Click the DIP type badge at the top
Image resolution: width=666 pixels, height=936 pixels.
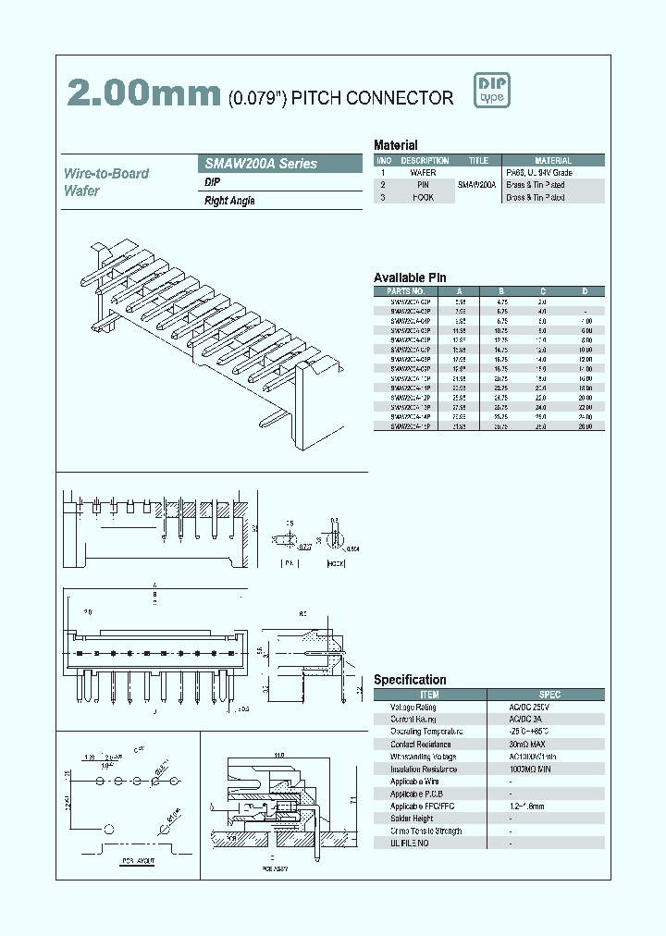point(492,90)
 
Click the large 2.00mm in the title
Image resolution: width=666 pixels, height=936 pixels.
point(142,94)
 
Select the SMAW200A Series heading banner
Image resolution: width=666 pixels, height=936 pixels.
point(281,164)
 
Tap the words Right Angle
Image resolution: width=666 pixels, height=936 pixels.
point(229,201)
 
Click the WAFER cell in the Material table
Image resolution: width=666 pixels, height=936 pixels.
point(423,173)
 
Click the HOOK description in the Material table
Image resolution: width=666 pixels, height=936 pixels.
point(423,197)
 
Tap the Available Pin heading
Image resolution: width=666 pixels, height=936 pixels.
point(410,277)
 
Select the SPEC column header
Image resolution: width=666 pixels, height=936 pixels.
point(549,694)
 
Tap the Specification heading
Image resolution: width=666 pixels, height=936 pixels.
point(410,680)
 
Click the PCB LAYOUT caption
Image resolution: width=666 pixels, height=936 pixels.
point(139,861)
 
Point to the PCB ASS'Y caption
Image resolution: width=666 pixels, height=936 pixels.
point(275,868)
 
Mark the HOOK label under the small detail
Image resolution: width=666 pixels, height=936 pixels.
point(335,561)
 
